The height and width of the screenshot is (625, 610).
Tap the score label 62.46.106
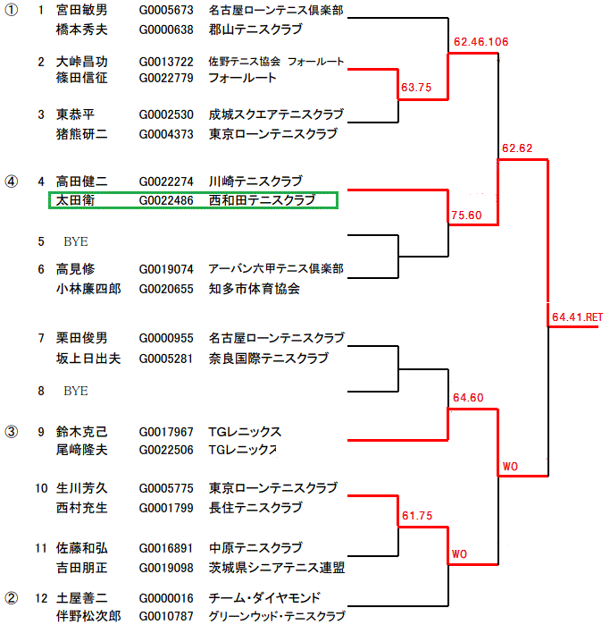click(480, 42)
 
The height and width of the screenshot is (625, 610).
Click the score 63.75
click(416, 88)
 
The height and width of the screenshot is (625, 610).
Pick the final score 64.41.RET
click(577, 317)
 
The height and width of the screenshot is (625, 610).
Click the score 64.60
click(467, 397)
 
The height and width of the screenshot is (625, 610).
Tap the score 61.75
click(416, 516)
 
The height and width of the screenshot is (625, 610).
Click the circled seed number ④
click(12, 181)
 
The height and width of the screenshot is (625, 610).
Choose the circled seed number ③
click(12, 431)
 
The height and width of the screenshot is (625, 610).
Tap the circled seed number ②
click(12, 597)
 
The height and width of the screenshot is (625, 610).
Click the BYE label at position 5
click(76, 242)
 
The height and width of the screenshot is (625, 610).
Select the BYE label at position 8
click(76, 392)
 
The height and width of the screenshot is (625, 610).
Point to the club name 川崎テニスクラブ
click(255, 182)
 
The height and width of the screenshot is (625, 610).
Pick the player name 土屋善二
click(81, 598)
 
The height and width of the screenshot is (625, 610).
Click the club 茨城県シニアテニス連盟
click(276, 568)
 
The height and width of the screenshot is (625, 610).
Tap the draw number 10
click(41, 488)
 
